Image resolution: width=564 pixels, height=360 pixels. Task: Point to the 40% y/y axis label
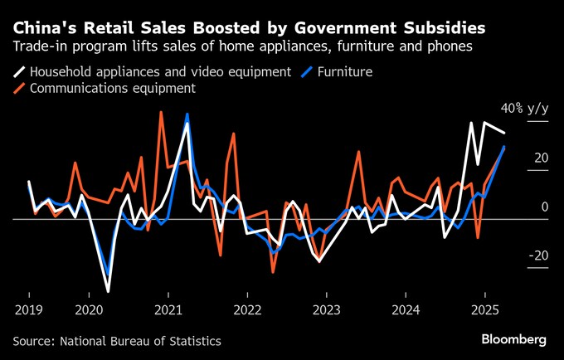(523, 108)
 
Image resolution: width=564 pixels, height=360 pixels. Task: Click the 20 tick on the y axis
(539, 158)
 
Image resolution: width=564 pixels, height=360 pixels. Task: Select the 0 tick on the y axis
(543, 207)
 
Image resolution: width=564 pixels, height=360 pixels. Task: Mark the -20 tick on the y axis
(537, 255)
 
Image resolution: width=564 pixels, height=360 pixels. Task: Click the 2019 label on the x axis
(29, 310)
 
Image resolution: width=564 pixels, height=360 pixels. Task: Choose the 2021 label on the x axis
(168, 310)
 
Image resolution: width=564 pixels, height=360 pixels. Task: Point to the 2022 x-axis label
(247, 310)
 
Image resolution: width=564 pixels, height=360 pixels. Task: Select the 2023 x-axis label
(327, 310)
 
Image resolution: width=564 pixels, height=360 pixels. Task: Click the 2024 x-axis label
(406, 310)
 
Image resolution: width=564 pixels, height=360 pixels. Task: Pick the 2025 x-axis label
(486, 310)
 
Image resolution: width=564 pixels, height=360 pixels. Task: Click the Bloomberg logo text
(514, 339)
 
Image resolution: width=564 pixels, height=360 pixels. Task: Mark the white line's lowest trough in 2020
(109, 291)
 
